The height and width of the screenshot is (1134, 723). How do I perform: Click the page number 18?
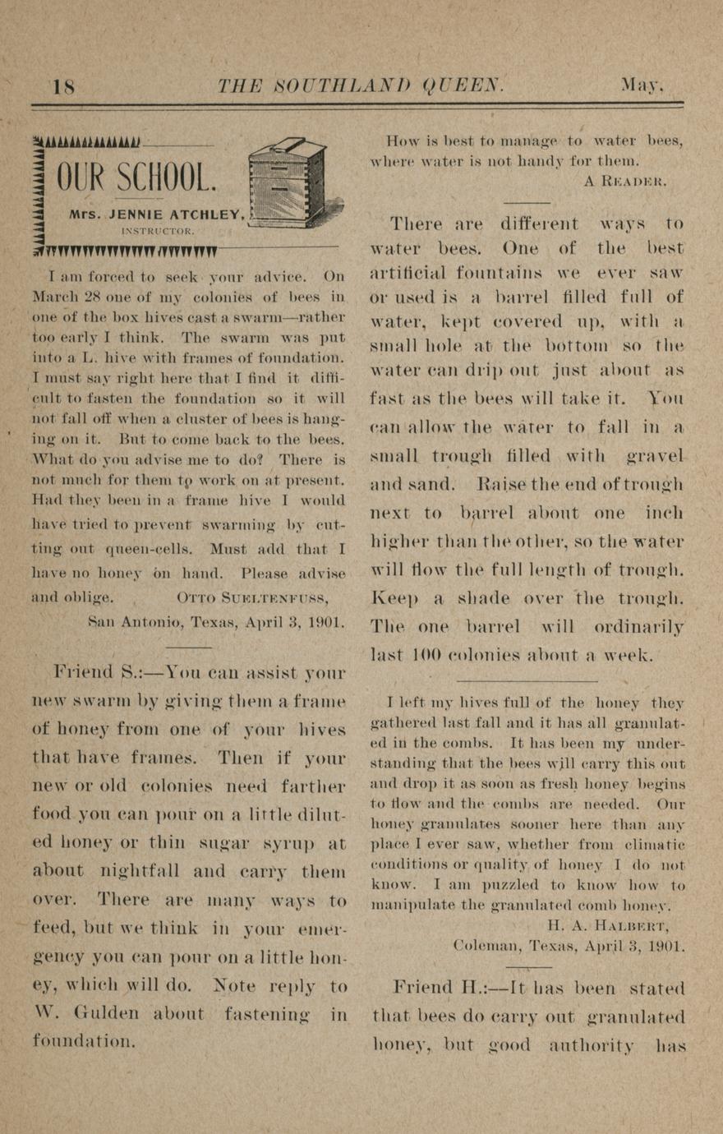point(63,86)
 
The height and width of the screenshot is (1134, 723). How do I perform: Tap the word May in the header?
point(642,85)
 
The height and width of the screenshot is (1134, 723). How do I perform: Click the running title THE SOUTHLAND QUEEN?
point(360,85)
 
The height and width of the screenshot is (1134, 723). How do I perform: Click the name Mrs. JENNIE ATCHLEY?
point(157,214)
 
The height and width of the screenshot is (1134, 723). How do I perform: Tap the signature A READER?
point(625,182)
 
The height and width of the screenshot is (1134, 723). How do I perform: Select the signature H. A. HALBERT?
point(614,924)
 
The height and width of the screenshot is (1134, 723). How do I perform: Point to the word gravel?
point(654,455)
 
